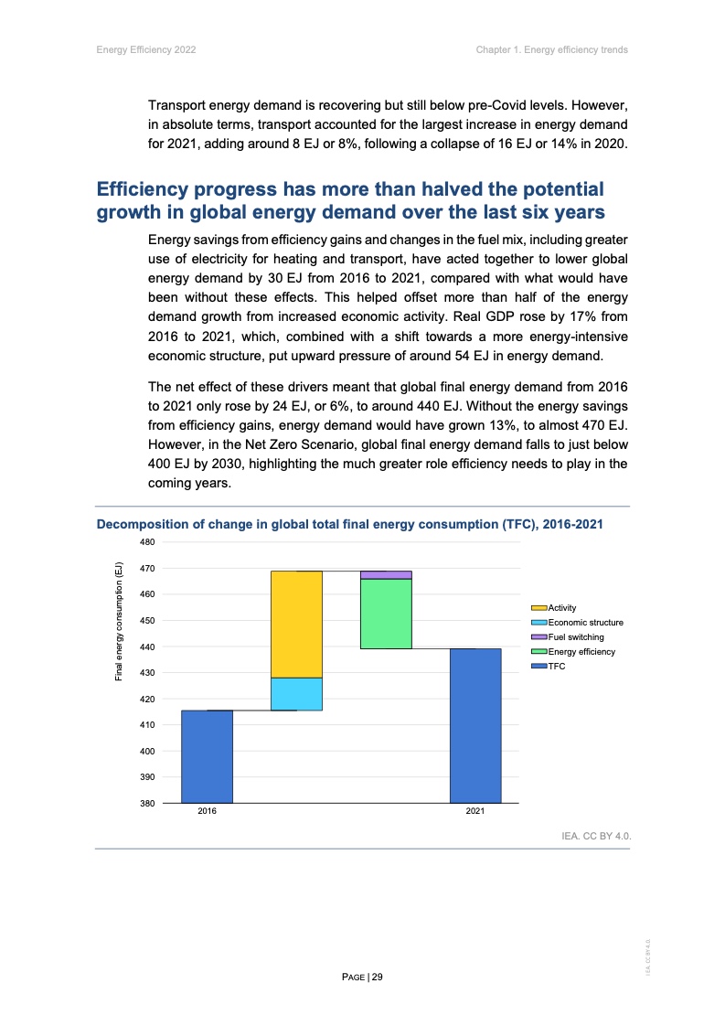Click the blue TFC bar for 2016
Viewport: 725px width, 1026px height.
207,756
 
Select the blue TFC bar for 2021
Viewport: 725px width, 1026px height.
475,725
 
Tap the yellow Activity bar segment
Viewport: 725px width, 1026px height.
296,624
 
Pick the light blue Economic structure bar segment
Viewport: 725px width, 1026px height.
296,694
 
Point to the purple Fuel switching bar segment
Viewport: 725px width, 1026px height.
386,575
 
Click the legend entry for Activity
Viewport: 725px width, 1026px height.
561,608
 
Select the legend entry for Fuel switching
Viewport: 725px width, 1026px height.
575,637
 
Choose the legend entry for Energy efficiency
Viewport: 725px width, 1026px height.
581,652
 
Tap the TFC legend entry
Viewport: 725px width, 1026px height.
556,667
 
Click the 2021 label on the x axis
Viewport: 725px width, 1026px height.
475,812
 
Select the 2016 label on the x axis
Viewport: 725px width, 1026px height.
207,812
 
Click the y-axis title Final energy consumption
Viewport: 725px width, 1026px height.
118,621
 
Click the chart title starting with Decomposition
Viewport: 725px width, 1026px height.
349,525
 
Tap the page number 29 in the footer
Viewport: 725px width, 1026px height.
362,978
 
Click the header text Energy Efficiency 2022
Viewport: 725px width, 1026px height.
146,49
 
